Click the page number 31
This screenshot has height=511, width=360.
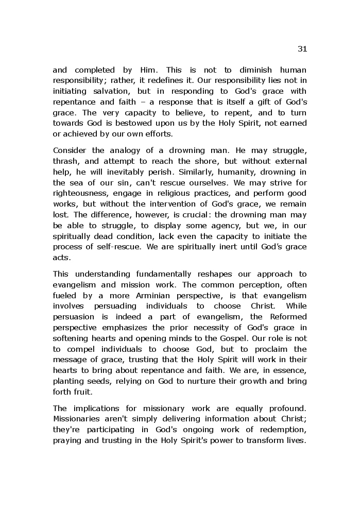pos(302,49)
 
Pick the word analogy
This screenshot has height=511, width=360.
pos(130,150)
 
